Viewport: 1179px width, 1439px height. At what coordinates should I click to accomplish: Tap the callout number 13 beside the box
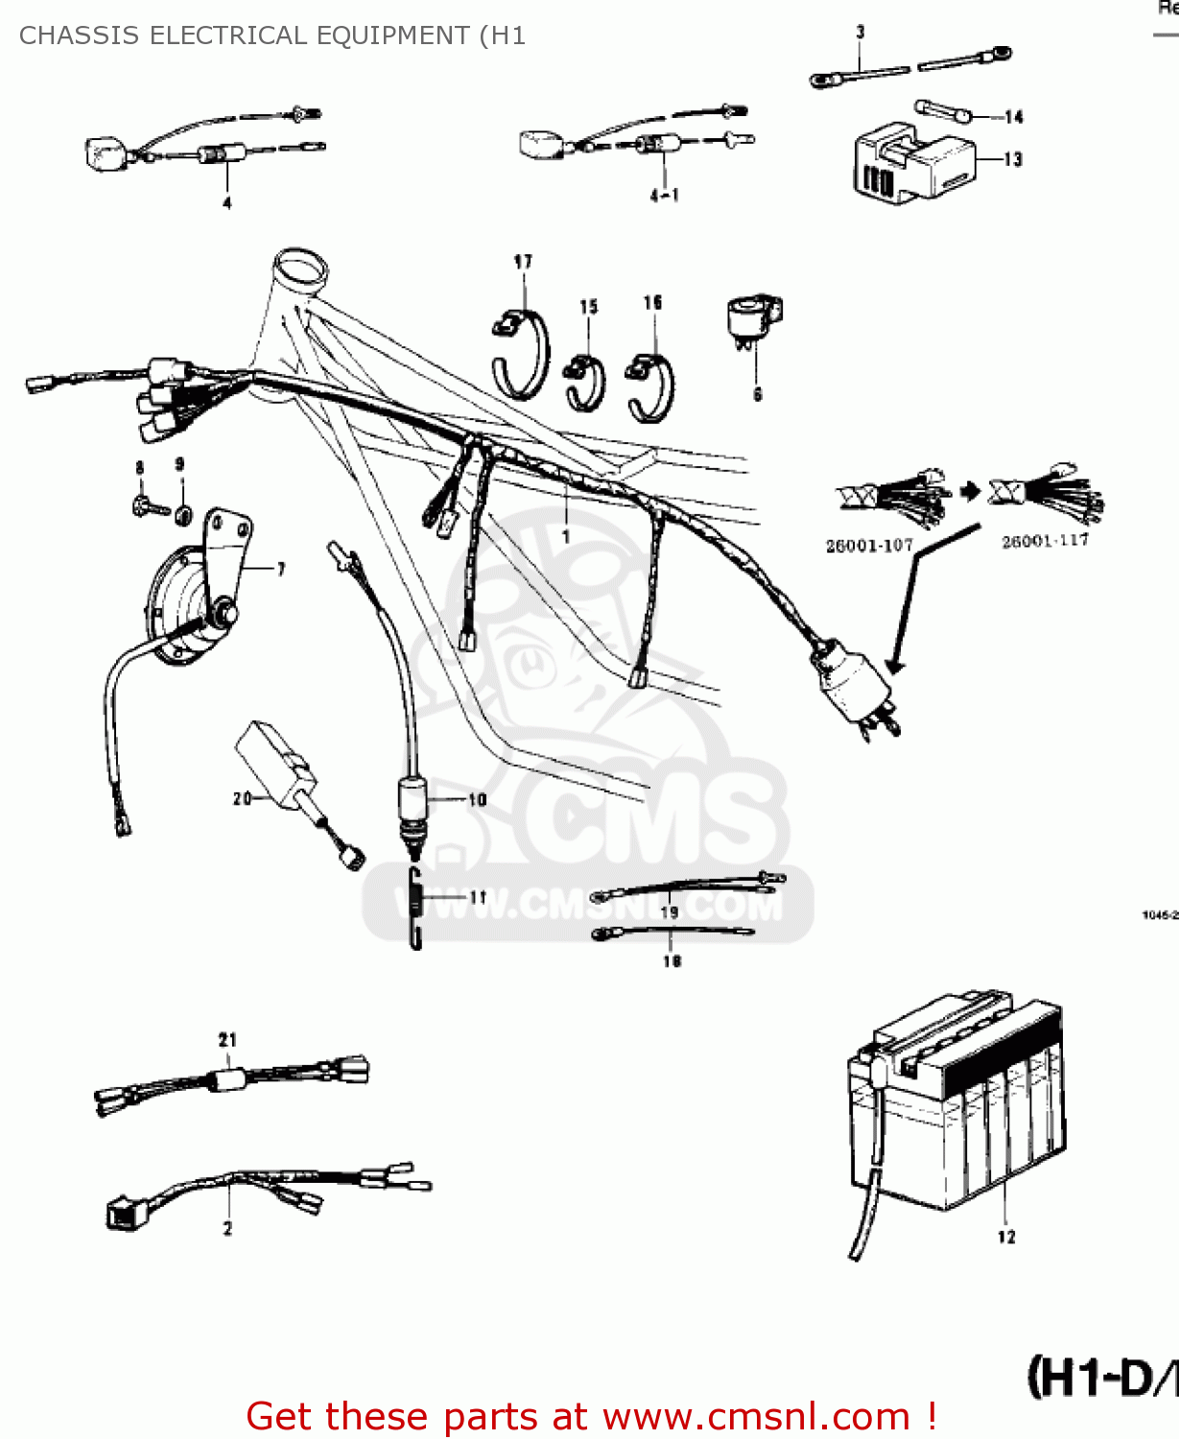click(x=1013, y=159)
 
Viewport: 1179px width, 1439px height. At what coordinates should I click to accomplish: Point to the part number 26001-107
click(x=869, y=546)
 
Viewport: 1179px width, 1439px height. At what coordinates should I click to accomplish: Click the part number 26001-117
click(x=1045, y=541)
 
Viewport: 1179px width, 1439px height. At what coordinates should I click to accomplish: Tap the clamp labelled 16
click(x=650, y=388)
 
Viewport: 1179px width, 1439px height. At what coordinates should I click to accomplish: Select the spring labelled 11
click(x=415, y=907)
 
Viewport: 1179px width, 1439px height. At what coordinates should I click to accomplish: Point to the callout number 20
click(x=242, y=798)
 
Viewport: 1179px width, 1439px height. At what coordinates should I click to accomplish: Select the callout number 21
click(x=227, y=1039)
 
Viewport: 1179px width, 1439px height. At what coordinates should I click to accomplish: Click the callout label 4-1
click(x=664, y=196)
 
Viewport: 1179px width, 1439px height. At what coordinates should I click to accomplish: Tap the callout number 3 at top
click(x=861, y=32)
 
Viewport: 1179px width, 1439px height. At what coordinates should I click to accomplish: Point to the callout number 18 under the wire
click(x=672, y=960)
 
